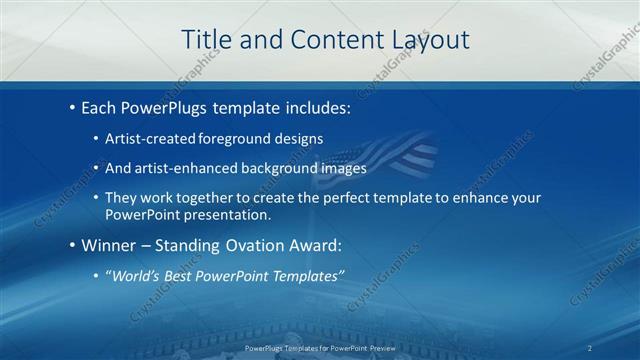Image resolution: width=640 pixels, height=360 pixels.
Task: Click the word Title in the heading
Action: (x=206, y=39)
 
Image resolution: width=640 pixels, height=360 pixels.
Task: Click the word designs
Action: (x=298, y=138)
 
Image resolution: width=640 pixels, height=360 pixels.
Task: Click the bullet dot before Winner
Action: (x=72, y=244)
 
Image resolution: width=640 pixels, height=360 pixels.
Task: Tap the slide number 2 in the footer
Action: (x=590, y=348)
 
